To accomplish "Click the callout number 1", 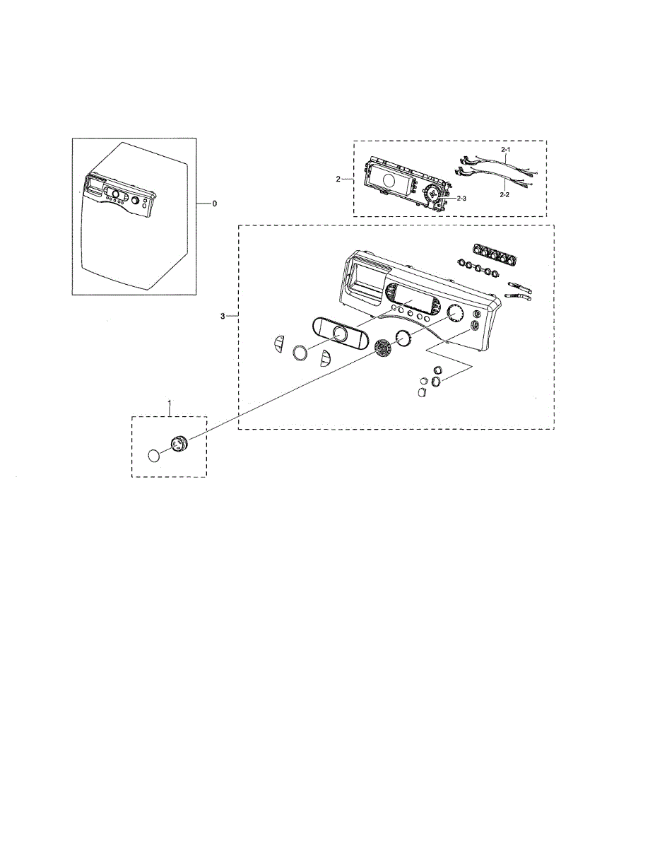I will click(x=170, y=403).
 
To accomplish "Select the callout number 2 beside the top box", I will click(x=338, y=179).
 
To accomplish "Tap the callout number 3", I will click(x=223, y=316).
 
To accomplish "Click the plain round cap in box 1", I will click(x=155, y=455).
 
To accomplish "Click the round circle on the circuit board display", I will click(x=386, y=181).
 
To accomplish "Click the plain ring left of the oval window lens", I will click(x=300, y=352).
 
